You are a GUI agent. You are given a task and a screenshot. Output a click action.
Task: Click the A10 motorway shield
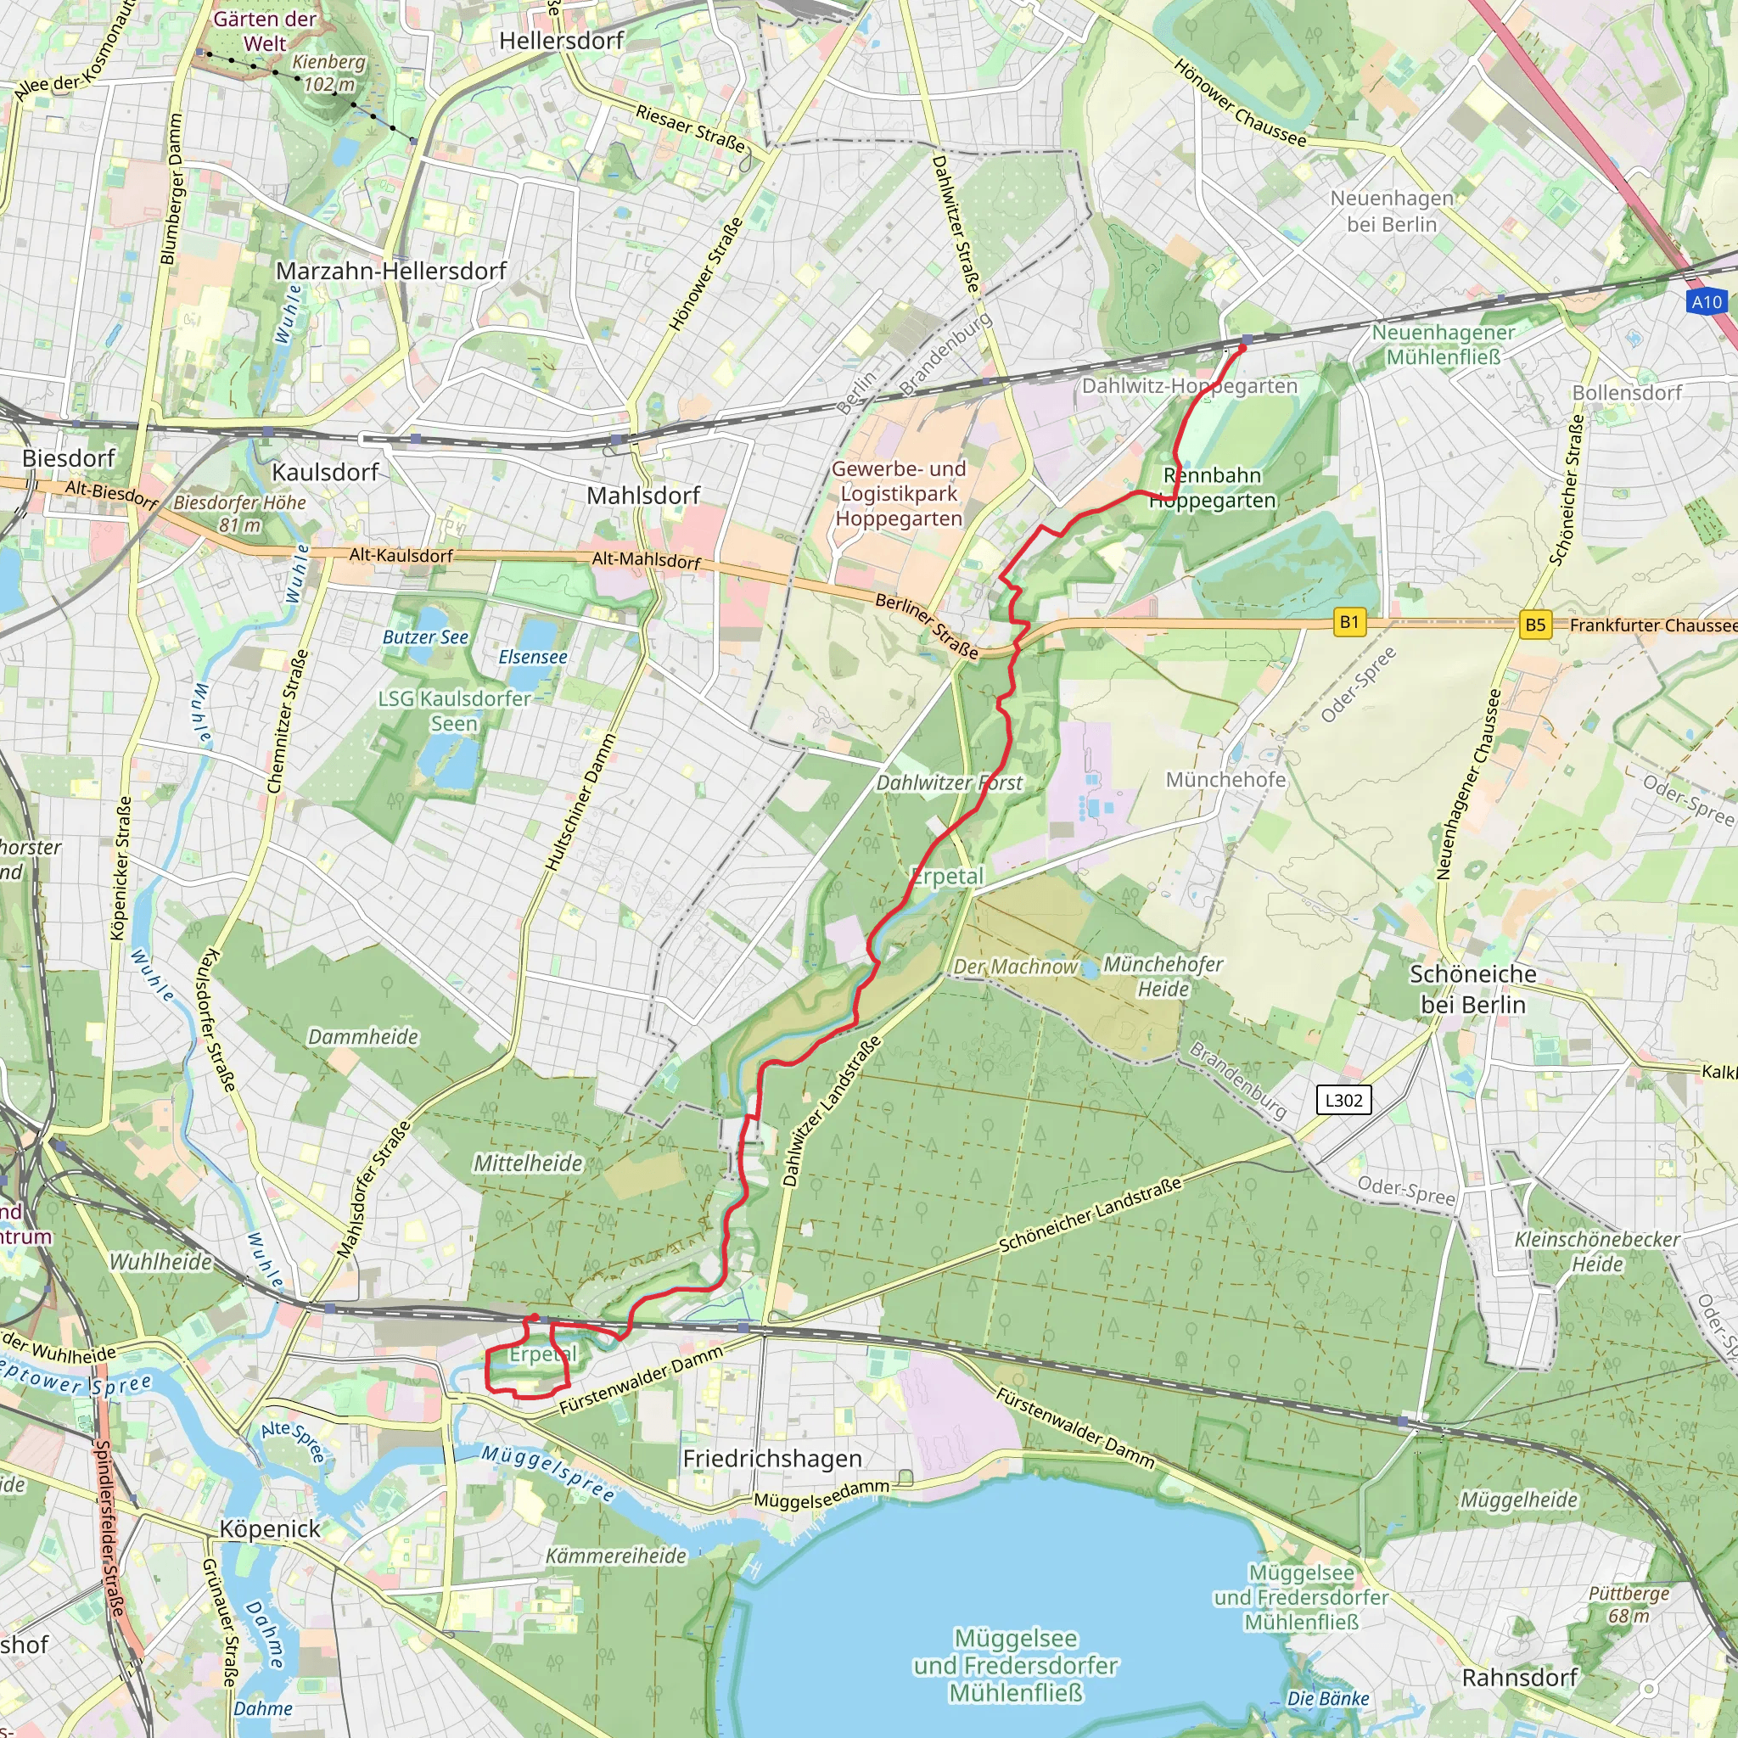[x=1707, y=302]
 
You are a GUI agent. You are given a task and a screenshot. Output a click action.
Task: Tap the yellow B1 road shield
[x=1348, y=621]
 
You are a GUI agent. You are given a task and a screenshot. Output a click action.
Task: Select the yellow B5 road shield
[x=1534, y=625]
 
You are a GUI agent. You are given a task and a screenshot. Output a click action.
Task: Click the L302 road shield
[x=1343, y=1099]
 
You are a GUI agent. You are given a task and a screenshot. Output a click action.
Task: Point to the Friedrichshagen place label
[x=772, y=1458]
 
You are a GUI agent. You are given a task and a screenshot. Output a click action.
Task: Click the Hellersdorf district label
[x=561, y=41]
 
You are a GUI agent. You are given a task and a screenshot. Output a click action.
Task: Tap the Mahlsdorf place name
[x=643, y=496]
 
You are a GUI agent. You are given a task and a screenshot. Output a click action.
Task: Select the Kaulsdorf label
[x=325, y=473]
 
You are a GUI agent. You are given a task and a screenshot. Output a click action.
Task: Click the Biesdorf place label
[x=69, y=458]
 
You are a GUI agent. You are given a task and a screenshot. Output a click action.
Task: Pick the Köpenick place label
[x=270, y=1528]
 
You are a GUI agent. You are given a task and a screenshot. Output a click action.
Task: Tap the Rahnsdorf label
[x=1519, y=1678]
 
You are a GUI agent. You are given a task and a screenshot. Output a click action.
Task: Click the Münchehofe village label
[x=1225, y=780]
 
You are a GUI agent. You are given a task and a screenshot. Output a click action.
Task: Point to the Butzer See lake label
[x=425, y=637]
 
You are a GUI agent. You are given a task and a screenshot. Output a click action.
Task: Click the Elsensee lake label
[x=533, y=657]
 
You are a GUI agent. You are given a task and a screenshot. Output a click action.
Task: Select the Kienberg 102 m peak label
[x=329, y=73]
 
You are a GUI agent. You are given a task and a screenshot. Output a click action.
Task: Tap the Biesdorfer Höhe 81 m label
[x=239, y=513]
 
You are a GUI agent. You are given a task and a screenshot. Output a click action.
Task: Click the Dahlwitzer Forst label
[x=949, y=782]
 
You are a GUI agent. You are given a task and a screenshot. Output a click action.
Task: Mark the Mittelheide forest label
[x=528, y=1163]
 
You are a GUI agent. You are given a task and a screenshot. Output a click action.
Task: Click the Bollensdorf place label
[x=1627, y=392]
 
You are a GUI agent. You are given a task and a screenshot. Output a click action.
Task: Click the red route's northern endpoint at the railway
[x=1244, y=346]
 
